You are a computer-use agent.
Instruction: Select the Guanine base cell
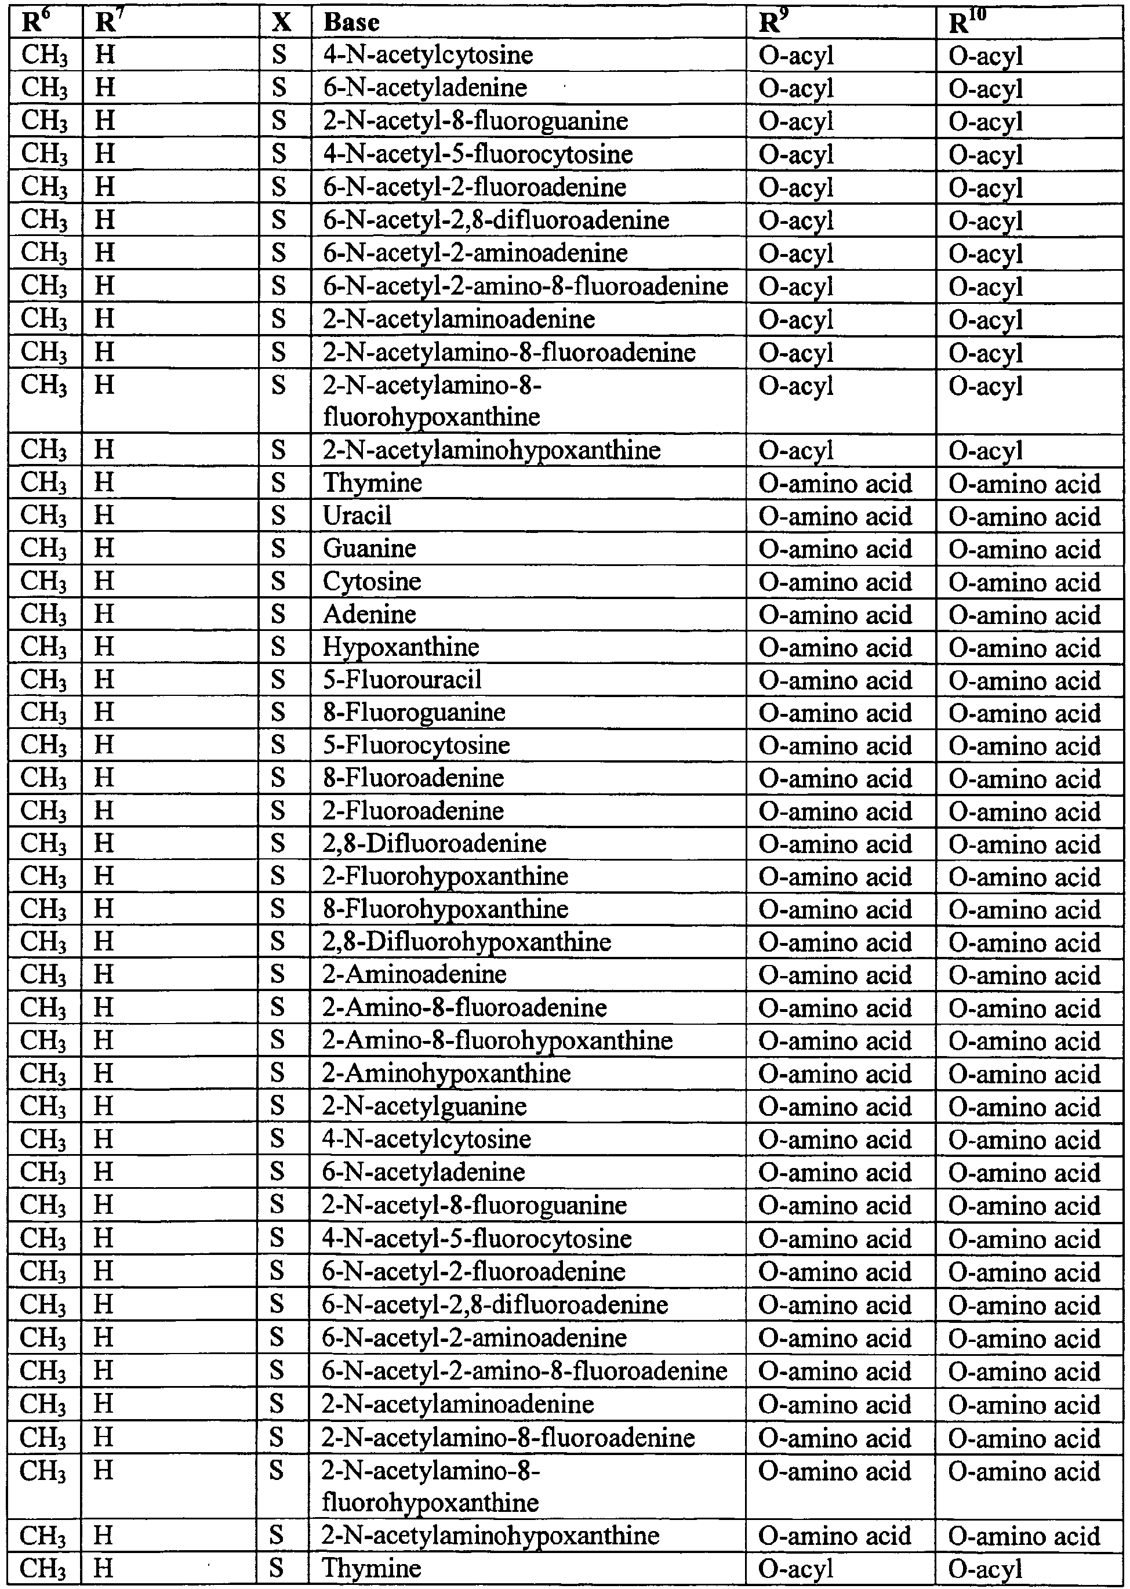pyautogui.click(x=369, y=548)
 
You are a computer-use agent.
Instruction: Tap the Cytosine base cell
pyautogui.click(x=372, y=581)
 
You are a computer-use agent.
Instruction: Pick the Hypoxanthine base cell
pyautogui.click(x=401, y=647)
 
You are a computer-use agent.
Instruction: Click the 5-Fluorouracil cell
pyautogui.click(x=402, y=679)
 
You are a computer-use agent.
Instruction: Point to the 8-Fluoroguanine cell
pyautogui.click(x=414, y=712)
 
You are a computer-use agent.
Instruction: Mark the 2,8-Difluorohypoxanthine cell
pyautogui.click(x=466, y=942)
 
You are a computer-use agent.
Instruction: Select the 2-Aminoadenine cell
pyautogui.click(x=414, y=974)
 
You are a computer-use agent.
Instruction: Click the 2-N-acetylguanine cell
pyautogui.click(x=424, y=1106)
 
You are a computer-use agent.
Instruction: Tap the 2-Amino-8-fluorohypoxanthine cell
pyautogui.click(x=497, y=1040)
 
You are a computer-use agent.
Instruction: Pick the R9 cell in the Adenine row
pyautogui.click(x=835, y=614)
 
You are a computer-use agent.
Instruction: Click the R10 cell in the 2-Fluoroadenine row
pyautogui.click(x=1024, y=811)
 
